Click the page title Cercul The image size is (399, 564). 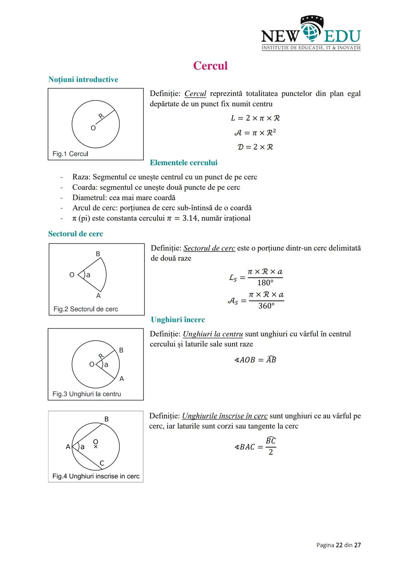(x=210, y=66)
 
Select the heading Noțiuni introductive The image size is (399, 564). (x=83, y=79)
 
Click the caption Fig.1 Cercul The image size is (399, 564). (x=70, y=154)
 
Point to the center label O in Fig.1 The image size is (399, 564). (x=93, y=128)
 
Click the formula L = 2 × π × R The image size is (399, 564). (x=255, y=118)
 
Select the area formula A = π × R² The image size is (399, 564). (x=255, y=132)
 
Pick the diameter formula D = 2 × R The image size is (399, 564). (x=255, y=147)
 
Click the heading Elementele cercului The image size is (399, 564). (x=184, y=163)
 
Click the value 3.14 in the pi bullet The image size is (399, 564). (x=190, y=218)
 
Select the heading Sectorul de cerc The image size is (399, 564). (x=75, y=234)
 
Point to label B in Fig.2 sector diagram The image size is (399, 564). (x=98, y=254)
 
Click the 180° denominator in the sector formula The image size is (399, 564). (x=265, y=283)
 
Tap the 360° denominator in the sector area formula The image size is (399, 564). (x=266, y=306)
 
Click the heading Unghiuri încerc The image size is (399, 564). (x=178, y=320)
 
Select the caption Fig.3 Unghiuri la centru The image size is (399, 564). (x=87, y=394)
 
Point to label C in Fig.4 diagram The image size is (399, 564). (x=102, y=463)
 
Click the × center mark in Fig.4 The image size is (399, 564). (x=96, y=447)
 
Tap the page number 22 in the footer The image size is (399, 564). (x=339, y=545)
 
